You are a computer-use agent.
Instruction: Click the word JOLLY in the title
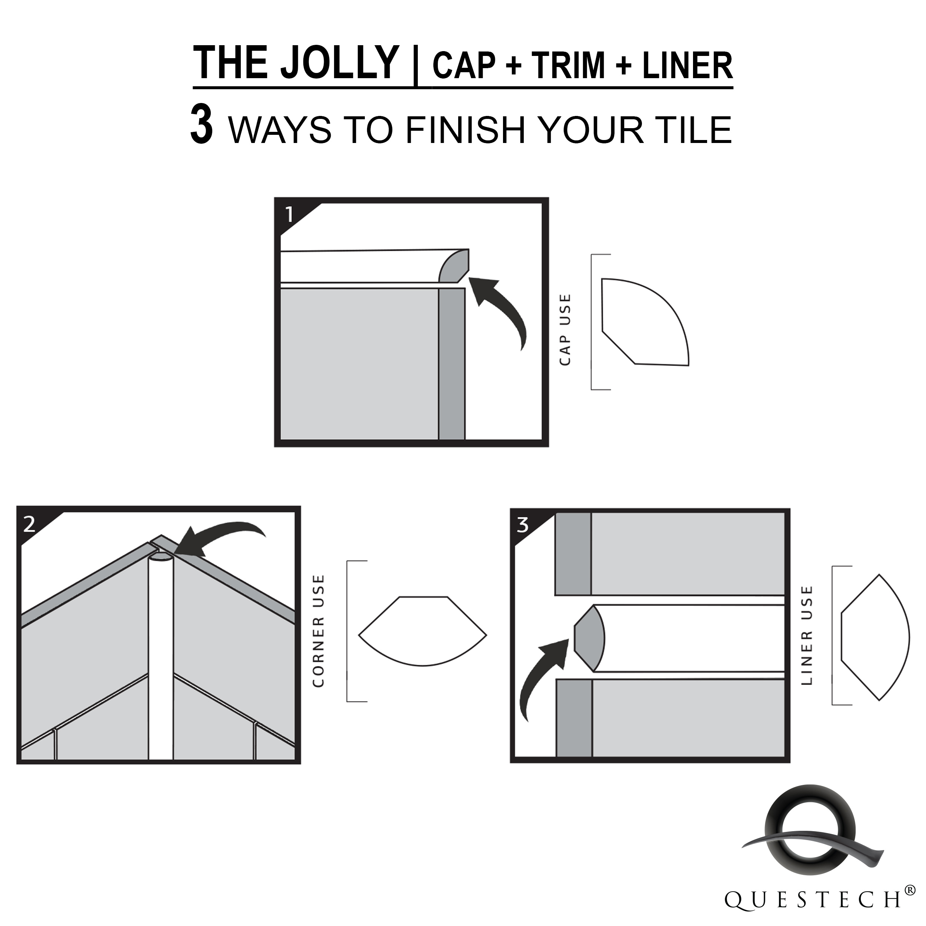click(340, 63)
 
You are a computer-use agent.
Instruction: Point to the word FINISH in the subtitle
click(465, 130)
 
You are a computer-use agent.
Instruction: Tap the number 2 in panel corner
click(29, 525)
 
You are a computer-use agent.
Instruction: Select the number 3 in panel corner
click(522, 525)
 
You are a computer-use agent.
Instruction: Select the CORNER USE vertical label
click(318, 631)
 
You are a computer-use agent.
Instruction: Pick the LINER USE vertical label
click(807, 636)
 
